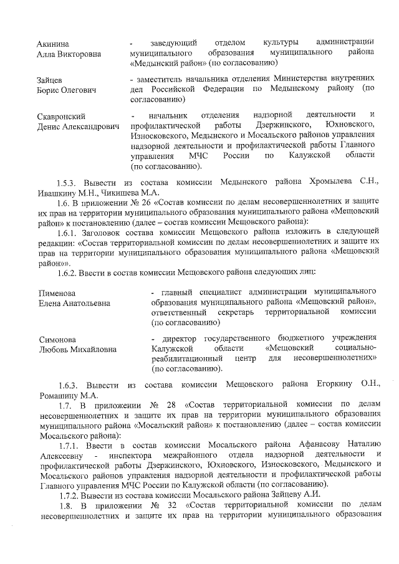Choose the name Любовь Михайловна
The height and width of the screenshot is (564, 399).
click(77, 350)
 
